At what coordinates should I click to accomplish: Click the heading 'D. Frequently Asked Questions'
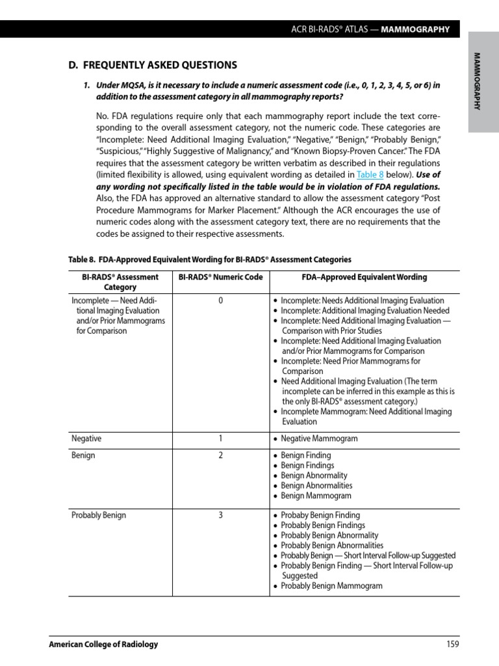pos(153,65)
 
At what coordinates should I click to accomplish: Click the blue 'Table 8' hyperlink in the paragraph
pos(370,175)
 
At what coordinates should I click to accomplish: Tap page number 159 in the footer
pos(453,644)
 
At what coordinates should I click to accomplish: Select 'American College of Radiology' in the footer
pos(104,644)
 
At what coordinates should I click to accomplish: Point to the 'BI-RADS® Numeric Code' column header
pos(220,277)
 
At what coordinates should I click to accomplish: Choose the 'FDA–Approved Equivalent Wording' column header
pos(365,277)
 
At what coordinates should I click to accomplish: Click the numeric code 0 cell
pos(220,300)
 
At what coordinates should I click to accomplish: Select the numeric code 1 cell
pos(220,438)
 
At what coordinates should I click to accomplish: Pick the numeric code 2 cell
pos(220,455)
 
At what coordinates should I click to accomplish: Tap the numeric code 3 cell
pos(220,515)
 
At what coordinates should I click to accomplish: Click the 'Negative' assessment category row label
pos(86,438)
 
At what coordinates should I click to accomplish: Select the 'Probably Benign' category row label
pos(99,515)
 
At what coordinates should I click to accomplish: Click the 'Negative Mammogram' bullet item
pos(319,438)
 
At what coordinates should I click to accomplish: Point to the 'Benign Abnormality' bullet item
pos(314,475)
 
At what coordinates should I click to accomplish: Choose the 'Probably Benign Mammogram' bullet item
pos(331,585)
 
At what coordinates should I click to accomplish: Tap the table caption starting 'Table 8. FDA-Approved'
pos(210,260)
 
